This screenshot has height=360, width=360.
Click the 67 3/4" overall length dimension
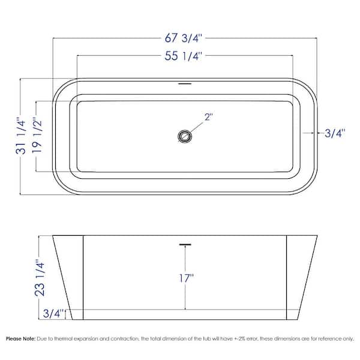tap(183, 38)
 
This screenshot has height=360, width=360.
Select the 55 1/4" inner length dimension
tap(183, 56)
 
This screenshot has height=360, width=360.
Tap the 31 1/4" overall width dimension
tap(20, 136)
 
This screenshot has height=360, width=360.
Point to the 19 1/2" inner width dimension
tap(37, 136)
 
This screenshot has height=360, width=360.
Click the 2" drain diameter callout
tap(208, 117)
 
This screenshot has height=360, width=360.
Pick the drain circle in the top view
tap(185, 136)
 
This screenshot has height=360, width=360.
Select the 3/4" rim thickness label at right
tap(335, 133)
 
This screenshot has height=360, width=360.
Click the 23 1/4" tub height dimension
tap(40, 278)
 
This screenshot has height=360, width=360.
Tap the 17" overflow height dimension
tap(186, 278)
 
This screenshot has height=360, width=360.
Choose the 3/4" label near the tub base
tap(53, 313)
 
